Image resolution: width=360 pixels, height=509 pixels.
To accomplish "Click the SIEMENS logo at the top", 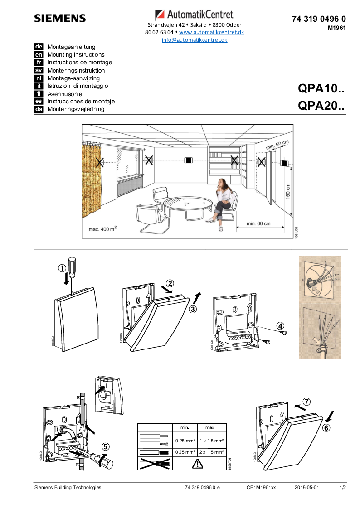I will (60, 19).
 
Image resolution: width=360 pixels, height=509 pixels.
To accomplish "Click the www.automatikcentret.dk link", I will (211, 32).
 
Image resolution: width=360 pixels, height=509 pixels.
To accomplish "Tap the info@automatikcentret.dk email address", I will (195, 40).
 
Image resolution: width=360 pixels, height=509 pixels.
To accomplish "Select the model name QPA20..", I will (321, 106).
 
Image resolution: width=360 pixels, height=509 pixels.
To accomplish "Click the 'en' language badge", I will (39, 54).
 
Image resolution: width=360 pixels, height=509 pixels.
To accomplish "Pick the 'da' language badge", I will (39, 109).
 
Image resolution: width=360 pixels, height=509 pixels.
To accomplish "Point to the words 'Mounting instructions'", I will (76, 55).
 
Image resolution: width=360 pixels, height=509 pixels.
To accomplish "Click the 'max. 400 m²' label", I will (102, 229).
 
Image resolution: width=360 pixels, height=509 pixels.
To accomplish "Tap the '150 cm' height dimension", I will (287, 190).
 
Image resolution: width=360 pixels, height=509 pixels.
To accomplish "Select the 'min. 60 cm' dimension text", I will (258, 223).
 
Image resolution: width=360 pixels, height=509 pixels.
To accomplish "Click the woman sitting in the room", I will (223, 202).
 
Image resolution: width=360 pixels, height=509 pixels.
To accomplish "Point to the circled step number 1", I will (62, 268).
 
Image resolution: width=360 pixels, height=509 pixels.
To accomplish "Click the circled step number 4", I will (281, 325).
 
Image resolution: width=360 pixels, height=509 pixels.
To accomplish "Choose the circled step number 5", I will (105, 446).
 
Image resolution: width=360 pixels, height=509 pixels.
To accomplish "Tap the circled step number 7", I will (306, 402).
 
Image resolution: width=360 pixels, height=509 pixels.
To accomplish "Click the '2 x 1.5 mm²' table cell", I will (210, 452).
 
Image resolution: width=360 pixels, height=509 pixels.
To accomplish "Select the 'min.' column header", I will (185, 427).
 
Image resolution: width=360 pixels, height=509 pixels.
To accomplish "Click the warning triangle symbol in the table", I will (198, 463).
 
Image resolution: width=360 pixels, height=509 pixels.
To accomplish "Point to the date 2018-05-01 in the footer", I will (306, 487).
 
